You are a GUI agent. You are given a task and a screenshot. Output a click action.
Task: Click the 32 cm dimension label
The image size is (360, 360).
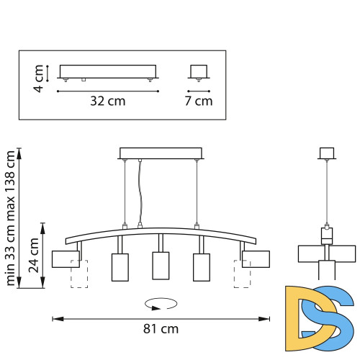tap(107, 102)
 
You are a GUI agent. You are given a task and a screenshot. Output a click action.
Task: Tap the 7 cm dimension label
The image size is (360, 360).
tap(199, 102)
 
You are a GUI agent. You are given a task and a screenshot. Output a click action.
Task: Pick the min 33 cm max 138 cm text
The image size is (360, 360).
tap(10, 217)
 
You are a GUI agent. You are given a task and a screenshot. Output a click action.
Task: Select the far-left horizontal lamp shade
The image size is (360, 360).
tap(65, 258)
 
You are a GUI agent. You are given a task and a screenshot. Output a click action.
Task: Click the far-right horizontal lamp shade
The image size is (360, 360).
tap(256, 258)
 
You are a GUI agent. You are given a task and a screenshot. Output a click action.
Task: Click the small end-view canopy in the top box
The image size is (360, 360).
tap(199, 71)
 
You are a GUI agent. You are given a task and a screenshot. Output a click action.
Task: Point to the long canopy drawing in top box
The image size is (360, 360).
tap(107, 72)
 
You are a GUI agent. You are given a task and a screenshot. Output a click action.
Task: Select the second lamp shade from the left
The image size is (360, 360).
tap(120, 266)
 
